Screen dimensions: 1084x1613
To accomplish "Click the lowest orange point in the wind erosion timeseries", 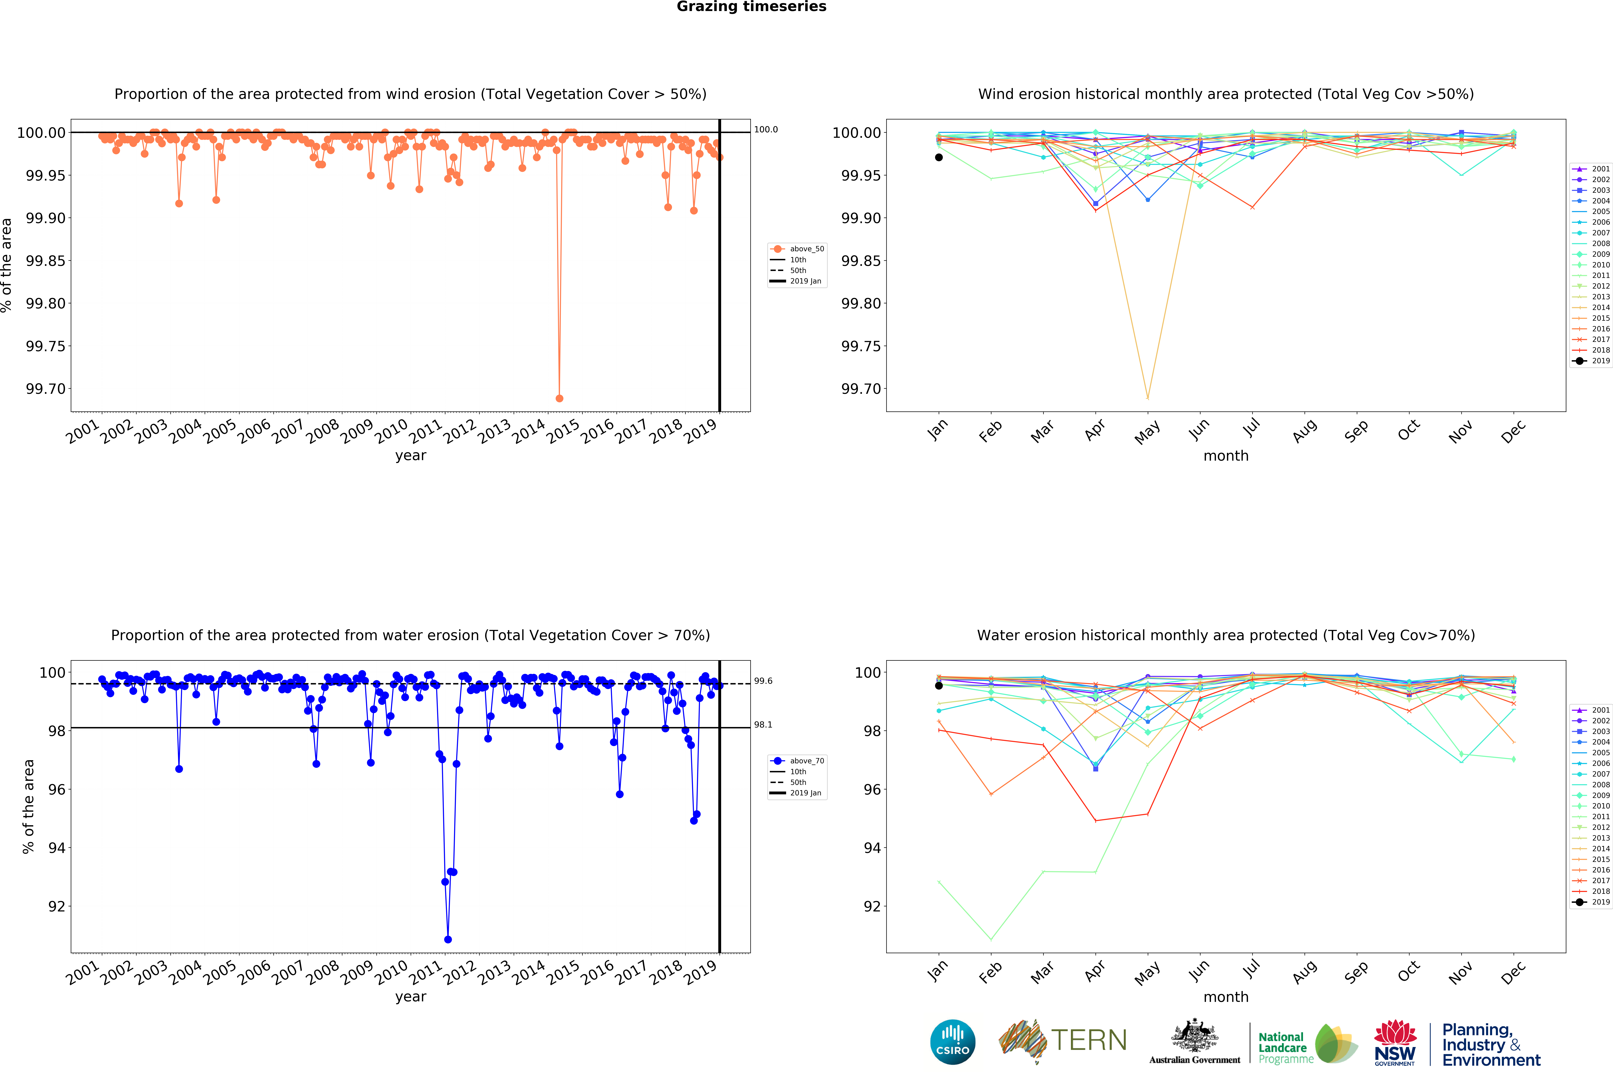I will [x=559, y=398].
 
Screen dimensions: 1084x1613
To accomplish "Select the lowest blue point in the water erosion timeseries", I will [x=448, y=939].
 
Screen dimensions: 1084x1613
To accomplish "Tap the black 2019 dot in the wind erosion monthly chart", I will [x=939, y=158].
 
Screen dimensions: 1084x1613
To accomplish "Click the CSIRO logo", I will [x=953, y=1042].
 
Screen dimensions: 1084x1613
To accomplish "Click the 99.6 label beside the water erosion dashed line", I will [x=763, y=681].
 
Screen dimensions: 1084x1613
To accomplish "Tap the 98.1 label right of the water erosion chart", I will [x=763, y=724].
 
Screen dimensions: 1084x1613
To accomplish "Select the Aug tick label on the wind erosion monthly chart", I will [x=1304, y=431].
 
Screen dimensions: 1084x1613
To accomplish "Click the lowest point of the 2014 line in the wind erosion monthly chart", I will [x=1148, y=398].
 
